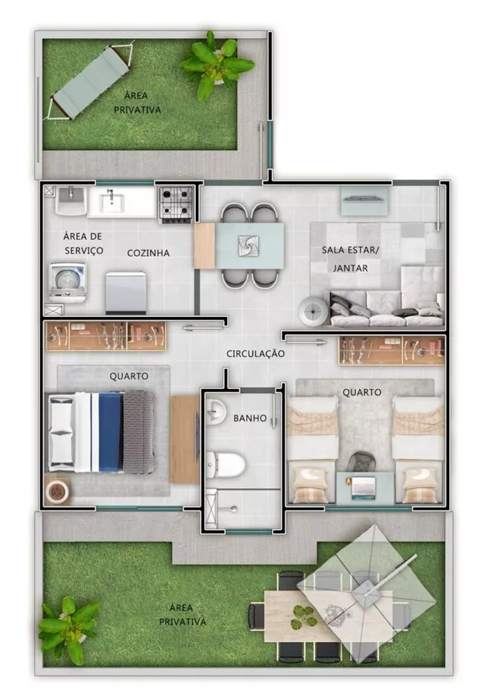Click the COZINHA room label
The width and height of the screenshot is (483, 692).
(148, 253)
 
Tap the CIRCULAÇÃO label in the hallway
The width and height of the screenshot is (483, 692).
(255, 354)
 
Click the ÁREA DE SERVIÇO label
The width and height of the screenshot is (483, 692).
(82, 243)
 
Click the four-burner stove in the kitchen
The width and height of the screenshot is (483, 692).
(176, 203)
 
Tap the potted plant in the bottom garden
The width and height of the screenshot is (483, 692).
(67, 626)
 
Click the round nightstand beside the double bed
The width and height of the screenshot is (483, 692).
(57, 492)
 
